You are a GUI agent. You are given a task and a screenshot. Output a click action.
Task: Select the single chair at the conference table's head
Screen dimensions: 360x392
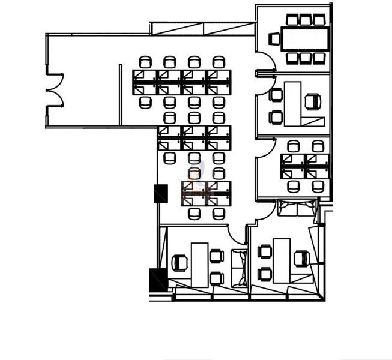[x=274, y=39]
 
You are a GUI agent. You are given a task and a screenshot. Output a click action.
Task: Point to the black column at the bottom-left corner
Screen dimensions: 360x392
[x=158, y=280]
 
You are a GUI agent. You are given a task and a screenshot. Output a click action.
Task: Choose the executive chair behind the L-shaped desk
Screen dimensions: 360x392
[x=313, y=101]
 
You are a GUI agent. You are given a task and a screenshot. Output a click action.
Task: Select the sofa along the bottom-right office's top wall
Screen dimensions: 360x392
[x=295, y=209]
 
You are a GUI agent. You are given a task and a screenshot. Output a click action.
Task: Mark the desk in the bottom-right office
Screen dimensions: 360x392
[x=281, y=259]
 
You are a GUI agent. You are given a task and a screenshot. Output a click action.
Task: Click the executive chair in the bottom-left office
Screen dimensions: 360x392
[x=179, y=263]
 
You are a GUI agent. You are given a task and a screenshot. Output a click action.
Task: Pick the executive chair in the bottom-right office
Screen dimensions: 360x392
[x=302, y=259]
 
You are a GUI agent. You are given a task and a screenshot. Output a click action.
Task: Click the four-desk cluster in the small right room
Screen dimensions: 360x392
[x=305, y=166]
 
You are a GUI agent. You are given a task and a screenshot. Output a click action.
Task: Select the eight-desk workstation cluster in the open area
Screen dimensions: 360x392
[x=182, y=82]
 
